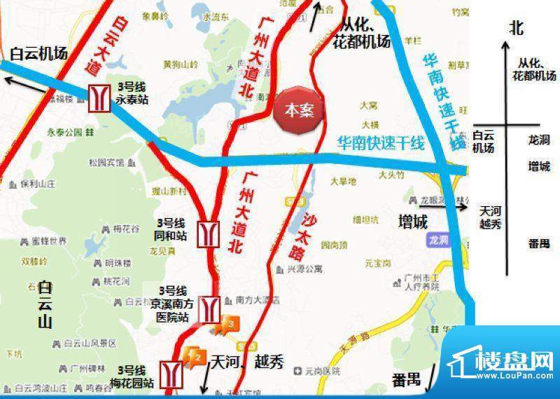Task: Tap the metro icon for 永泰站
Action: coord(98,99)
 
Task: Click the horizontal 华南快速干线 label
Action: coord(381,144)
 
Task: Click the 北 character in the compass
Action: coord(517,27)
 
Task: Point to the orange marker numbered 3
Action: coord(230,324)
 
